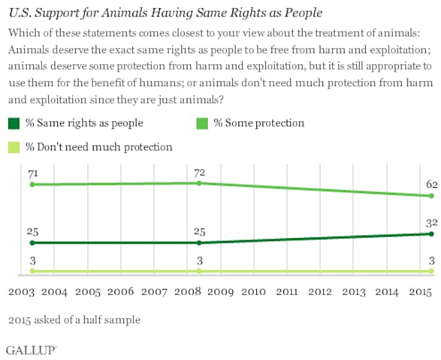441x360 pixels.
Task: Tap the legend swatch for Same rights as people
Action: [14, 123]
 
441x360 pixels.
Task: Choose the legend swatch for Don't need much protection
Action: [14, 147]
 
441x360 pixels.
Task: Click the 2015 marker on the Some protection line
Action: [431, 196]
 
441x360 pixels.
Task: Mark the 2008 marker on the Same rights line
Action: [198, 243]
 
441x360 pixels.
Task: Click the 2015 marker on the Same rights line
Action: [431, 234]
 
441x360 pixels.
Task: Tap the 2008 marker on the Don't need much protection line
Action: [198, 271]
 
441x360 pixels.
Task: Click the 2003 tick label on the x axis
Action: [21, 292]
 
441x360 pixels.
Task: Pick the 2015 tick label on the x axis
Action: [420, 292]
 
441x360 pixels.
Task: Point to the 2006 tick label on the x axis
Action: [121, 292]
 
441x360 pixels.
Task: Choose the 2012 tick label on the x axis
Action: [320, 292]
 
